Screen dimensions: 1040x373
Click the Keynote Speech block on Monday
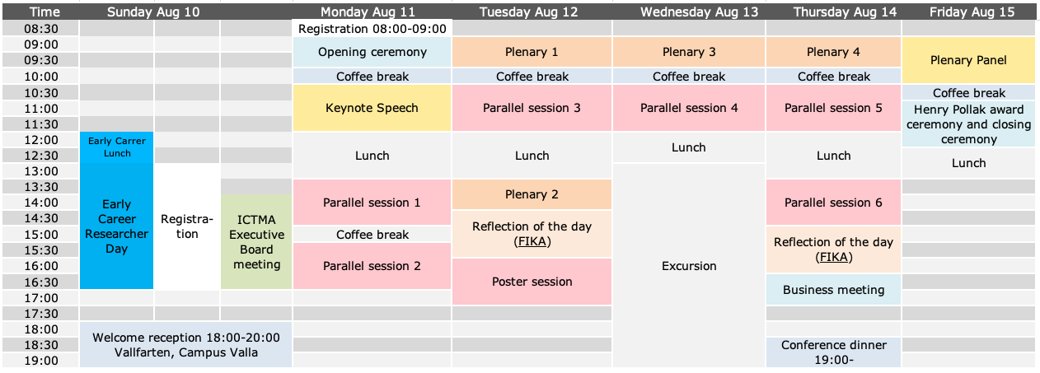pos(372,108)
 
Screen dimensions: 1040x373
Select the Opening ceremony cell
pos(372,52)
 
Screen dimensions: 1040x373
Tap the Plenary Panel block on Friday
pos(968,60)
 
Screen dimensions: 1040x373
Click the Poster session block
pos(532,282)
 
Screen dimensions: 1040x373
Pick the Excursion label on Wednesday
pos(689,266)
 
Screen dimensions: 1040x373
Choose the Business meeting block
pos(833,290)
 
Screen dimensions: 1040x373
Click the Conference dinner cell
pos(833,352)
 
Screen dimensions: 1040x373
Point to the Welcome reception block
pos(185,345)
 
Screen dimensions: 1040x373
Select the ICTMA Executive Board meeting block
pos(256,242)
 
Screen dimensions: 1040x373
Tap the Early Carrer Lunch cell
pos(116,147)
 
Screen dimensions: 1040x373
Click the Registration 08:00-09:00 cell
pos(372,28)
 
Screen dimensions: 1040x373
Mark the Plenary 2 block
pos(532,194)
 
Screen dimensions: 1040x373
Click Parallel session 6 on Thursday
pos(833,203)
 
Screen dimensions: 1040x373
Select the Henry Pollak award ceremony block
pos(968,124)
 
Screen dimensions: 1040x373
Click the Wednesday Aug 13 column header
pos(699,12)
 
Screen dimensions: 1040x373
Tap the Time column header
pos(45,12)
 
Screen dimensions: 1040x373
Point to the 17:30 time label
pos(41,314)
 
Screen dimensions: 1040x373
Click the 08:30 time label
pos(41,29)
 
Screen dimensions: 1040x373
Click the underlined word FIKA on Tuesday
pos(532,242)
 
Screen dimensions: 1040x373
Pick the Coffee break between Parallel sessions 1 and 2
pos(372,235)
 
